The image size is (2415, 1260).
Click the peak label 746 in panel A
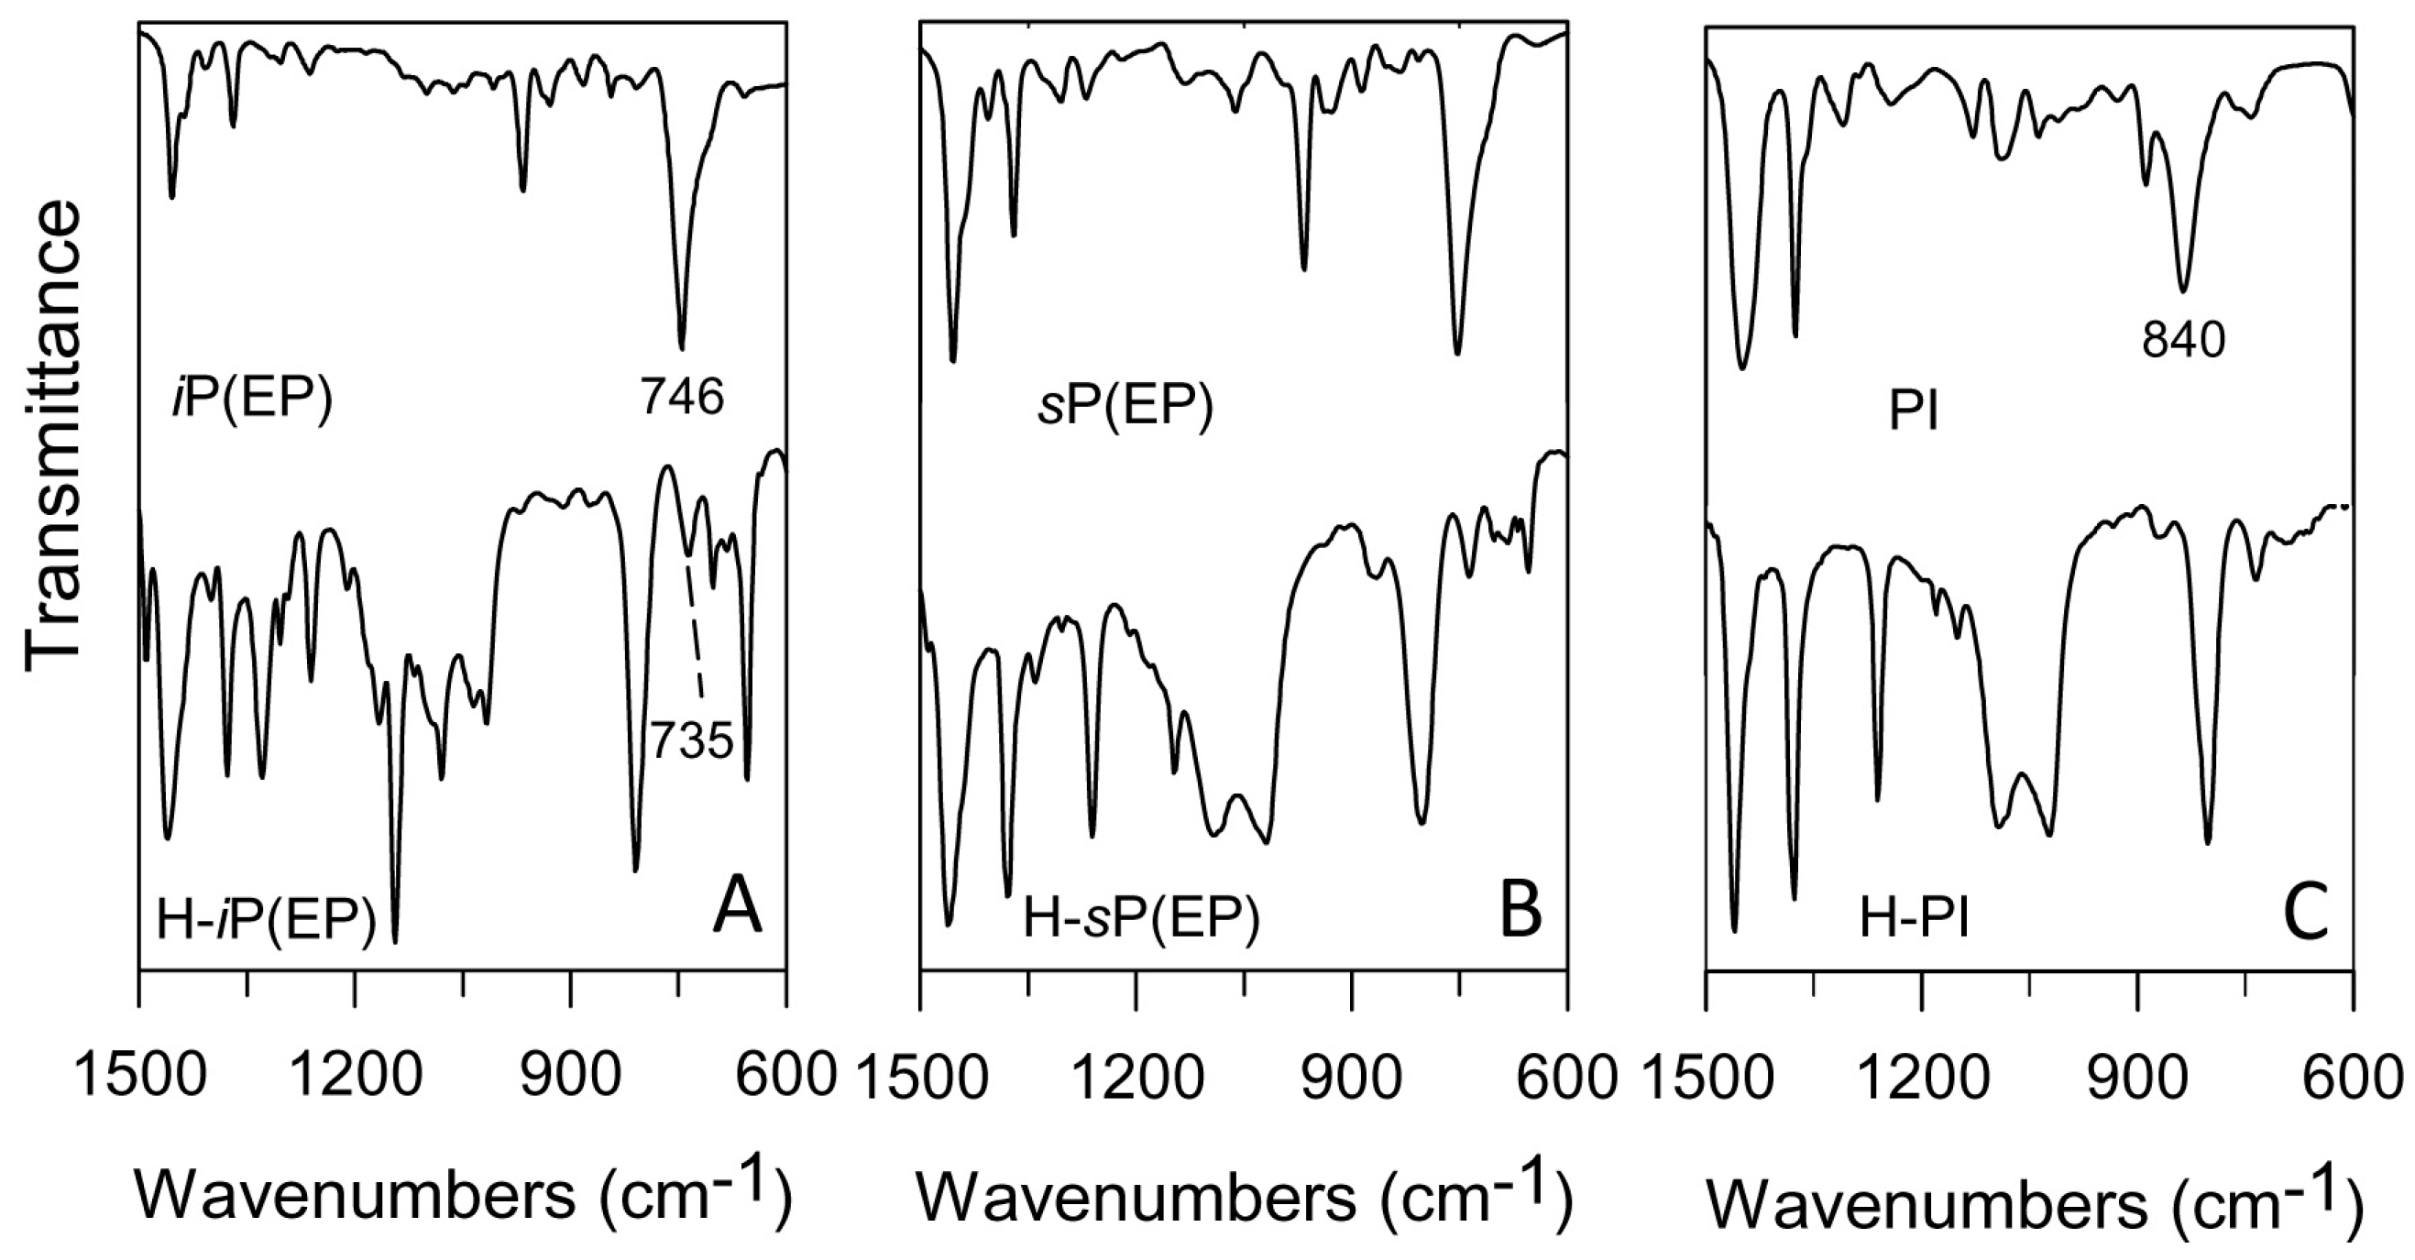tap(683, 398)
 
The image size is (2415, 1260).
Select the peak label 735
tap(692, 741)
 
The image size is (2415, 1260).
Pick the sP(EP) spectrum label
tap(1125, 409)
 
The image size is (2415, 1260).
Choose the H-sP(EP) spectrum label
tap(1141, 918)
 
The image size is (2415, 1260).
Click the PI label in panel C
tap(1914, 413)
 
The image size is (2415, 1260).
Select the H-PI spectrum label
tap(1915, 919)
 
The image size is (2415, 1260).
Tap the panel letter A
tap(737, 909)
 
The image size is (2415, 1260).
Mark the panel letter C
tap(2306, 913)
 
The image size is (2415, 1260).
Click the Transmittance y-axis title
tap(53, 435)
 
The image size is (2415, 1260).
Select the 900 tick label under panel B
tap(1352, 1079)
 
